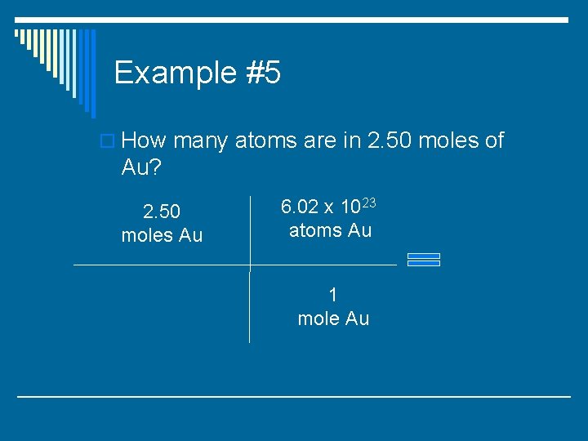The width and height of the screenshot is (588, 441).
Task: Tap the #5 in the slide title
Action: pyautogui.click(x=261, y=73)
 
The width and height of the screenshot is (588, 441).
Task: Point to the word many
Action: pyautogui.click(x=200, y=141)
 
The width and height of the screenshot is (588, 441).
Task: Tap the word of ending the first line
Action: pyautogui.click(x=494, y=141)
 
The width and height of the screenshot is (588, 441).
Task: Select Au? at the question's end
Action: pyautogui.click(x=140, y=167)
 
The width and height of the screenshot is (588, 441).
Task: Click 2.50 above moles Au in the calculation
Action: pyautogui.click(x=162, y=212)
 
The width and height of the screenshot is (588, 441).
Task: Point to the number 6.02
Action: pyautogui.click(x=301, y=207)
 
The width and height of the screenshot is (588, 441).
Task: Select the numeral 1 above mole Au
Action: pyautogui.click(x=333, y=294)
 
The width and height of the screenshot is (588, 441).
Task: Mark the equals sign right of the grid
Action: pyautogui.click(x=423, y=260)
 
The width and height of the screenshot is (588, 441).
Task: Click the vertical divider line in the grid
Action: pyautogui.click(x=250, y=302)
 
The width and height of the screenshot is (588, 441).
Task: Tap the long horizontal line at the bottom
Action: pyautogui.click(x=294, y=397)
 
